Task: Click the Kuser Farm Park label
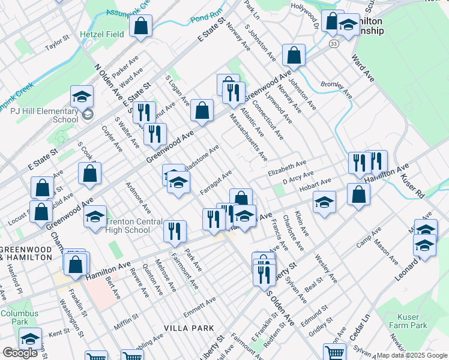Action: [412, 321]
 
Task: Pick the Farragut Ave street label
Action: [216, 181]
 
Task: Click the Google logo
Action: [20, 353]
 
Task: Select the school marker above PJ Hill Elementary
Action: [82, 96]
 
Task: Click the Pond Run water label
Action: [206, 20]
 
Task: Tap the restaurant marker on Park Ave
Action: [175, 230]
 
